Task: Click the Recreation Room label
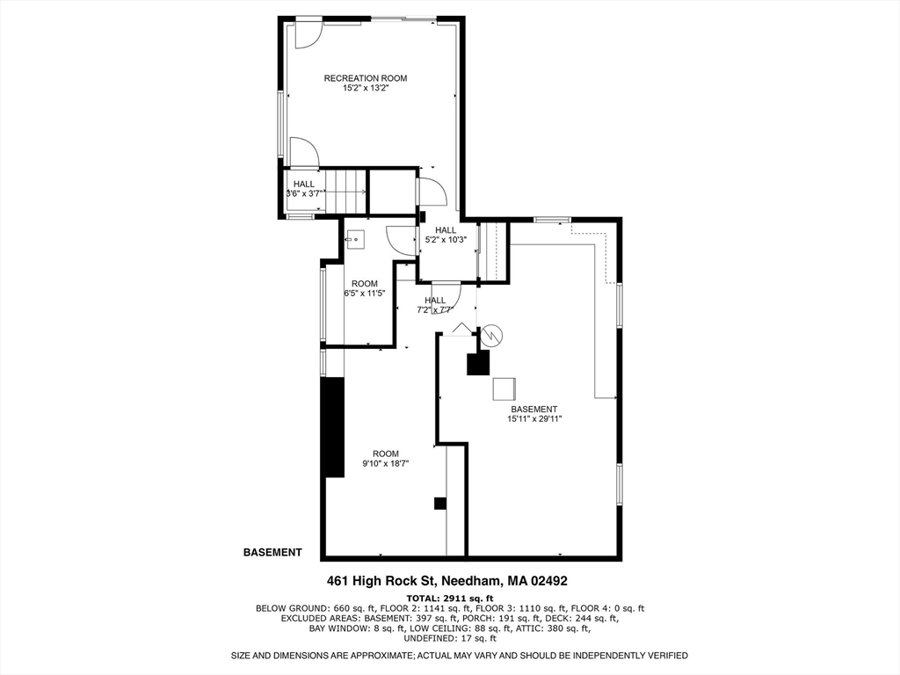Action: tap(365, 78)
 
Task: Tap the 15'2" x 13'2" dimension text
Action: tap(365, 88)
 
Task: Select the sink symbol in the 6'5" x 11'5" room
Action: tap(355, 237)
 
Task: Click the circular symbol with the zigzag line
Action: tap(490, 335)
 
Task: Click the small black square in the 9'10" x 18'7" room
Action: tap(439, 504)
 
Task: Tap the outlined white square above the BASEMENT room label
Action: tap(504, 388)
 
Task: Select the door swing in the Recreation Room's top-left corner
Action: tap(306, 33)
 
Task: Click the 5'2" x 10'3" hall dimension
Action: tap(446, 239)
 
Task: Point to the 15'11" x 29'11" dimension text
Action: tap(533, 419)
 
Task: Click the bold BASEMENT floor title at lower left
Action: tap(272, 553)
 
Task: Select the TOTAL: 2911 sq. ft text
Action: tap(449, 597)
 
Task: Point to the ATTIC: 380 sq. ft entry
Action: tap(559, 628)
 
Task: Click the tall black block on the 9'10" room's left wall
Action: tap(332, 426)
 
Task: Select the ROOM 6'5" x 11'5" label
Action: tap(365, 288)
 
